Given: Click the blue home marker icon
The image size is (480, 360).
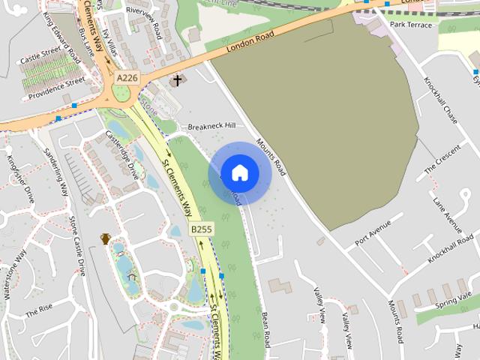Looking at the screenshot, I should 239,173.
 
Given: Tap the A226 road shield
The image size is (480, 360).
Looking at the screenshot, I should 127,76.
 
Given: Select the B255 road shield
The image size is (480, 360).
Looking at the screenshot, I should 199,229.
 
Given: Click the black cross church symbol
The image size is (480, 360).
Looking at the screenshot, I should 178,79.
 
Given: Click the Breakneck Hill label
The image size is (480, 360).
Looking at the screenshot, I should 211,126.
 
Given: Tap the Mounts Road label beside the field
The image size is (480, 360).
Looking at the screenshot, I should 270,156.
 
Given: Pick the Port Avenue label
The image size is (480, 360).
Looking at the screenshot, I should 373,232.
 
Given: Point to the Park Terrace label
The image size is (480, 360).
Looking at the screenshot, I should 411,25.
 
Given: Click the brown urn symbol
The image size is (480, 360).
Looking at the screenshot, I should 106,239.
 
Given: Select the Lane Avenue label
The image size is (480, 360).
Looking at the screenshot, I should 448,212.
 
